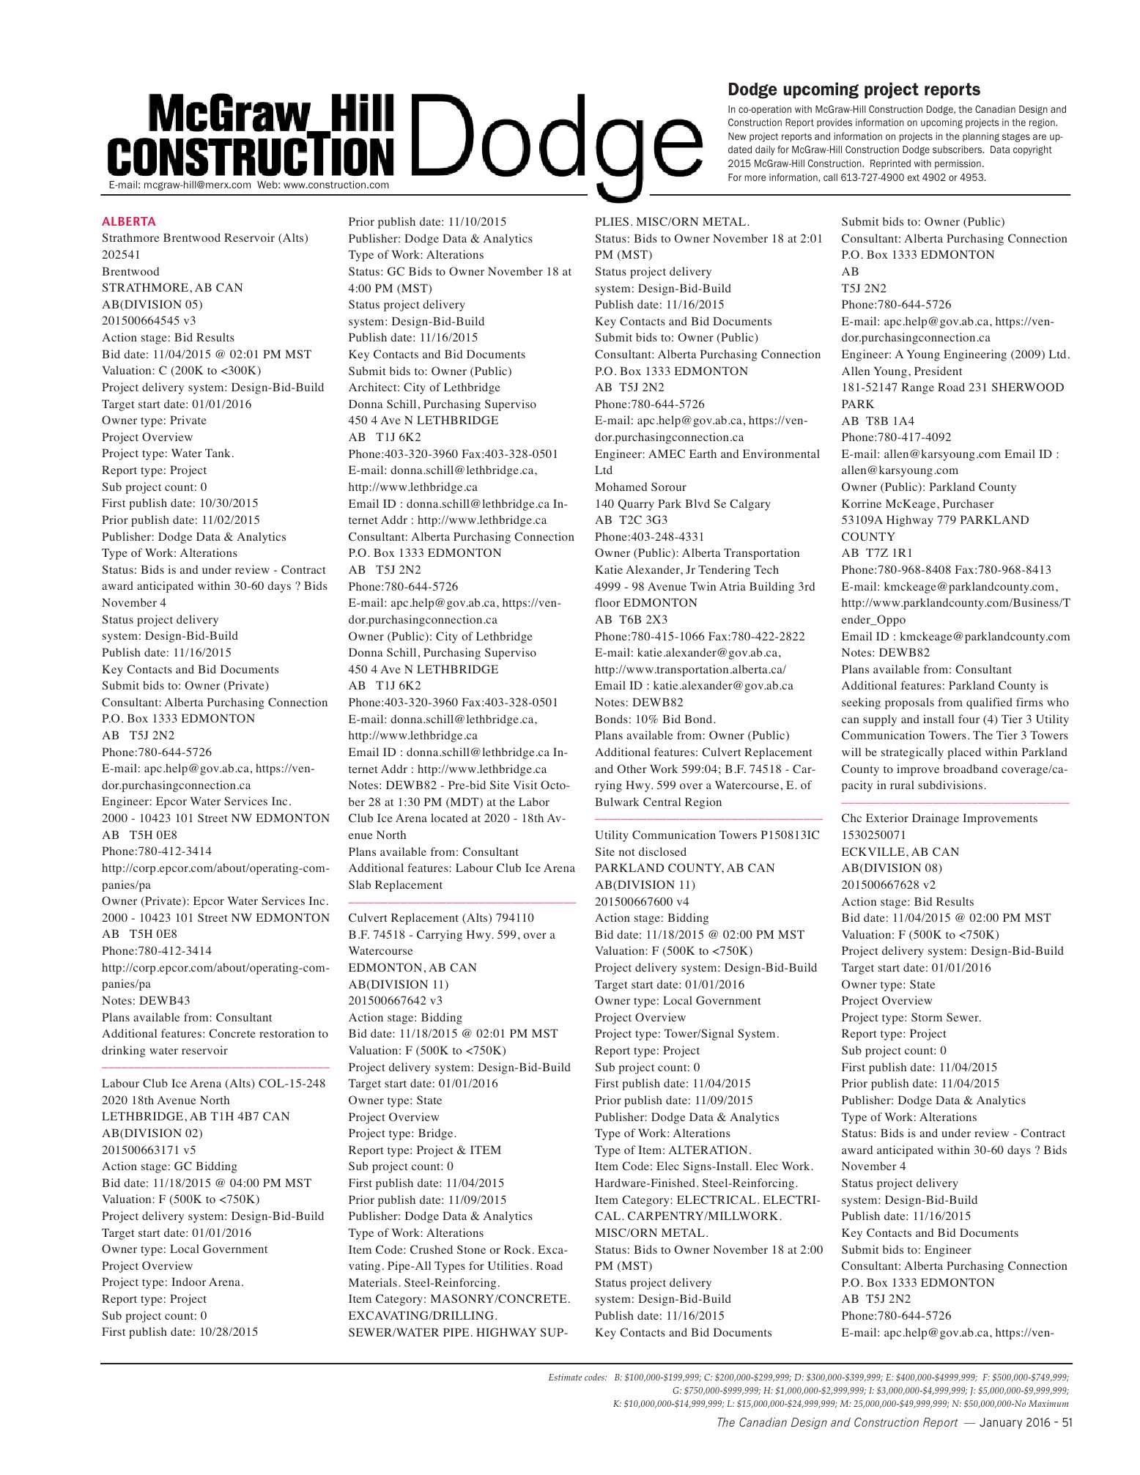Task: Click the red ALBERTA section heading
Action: click(x=129, y=221)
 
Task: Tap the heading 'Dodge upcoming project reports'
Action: click(x=854, y=89)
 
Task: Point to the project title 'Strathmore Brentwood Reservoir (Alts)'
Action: click(x=204, y=238)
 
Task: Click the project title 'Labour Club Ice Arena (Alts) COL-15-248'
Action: click(x=213, y=1083)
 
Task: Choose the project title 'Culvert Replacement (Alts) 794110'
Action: click(x=441, y=917)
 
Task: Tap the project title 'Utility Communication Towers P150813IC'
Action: click(x=707, y=835)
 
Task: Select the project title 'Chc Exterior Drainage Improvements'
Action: click(x=939, y=818)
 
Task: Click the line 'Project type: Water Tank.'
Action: click(x=168, y=454)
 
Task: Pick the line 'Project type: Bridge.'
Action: click(x=402, y=1133)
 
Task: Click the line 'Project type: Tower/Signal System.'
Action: click(x=686, y=1034)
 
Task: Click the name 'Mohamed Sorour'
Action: click(x=640, y=487)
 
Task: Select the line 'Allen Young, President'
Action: click(x=901, y=371)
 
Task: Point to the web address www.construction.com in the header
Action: click(x=336, y=185)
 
